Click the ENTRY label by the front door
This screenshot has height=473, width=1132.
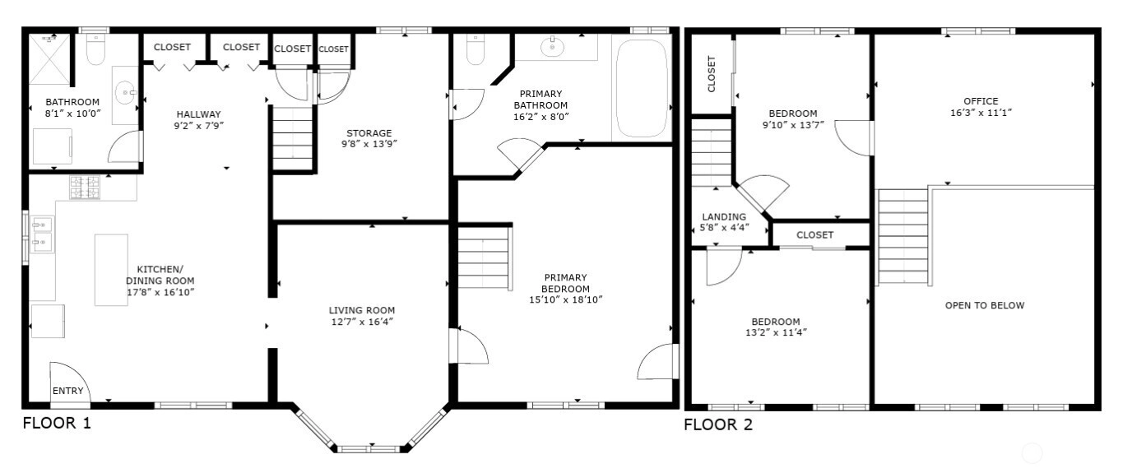67,391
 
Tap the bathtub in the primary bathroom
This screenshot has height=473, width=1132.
642,89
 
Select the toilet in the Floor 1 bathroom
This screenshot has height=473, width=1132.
95,49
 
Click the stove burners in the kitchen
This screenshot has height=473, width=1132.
85,187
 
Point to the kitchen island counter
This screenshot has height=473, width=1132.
111,270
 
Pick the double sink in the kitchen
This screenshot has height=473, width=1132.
43,234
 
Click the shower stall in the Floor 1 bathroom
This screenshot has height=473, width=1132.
49,58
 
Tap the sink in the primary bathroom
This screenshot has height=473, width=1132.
552,48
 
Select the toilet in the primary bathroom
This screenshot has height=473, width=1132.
475,49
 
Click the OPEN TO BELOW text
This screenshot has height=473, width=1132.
985,305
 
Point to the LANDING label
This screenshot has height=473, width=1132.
724,217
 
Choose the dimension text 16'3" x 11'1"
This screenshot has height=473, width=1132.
981,113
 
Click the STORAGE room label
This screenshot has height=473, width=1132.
369,133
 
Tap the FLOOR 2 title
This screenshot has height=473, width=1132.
718,424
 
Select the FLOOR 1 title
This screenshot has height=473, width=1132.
57,423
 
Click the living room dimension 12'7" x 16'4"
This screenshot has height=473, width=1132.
362,322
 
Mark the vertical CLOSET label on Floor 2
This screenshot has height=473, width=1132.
712,74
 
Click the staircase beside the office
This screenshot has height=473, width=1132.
902,237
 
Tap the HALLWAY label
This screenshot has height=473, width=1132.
198,114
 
